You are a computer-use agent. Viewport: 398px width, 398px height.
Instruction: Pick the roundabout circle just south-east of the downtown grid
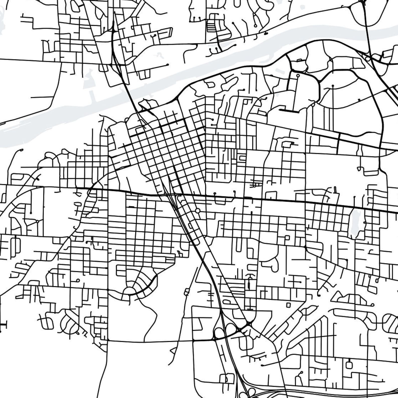pyautogui.click(x=197, y=211)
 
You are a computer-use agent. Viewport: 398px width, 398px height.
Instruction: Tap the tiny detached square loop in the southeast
pyautogui.click(x=288, y=305)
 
